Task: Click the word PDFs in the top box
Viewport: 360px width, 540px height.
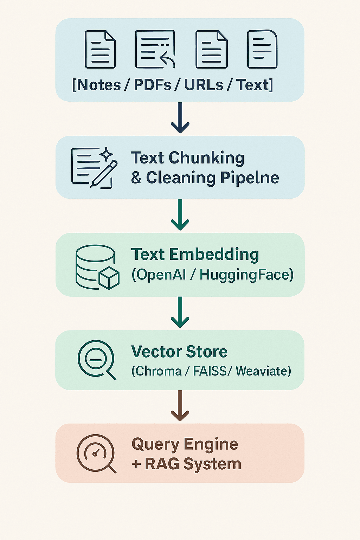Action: tap(153, 85)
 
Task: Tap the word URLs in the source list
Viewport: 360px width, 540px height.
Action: tap(204, 85)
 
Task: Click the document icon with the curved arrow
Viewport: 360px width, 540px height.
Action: tap(155, 49)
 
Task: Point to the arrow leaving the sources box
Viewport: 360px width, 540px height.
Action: tap(180, 118)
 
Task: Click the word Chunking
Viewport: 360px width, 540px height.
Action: tap(206, 158)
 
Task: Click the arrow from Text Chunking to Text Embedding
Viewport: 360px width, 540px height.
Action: tap(180, 215)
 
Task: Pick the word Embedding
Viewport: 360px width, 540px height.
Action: tap(214, 255)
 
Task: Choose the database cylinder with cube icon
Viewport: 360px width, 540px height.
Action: tap(97, 267)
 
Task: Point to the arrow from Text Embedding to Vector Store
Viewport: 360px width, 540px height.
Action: tap(180, 312)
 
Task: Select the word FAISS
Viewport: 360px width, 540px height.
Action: tap(210, 371)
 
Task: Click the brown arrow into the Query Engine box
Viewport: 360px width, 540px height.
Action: tap(180, 406)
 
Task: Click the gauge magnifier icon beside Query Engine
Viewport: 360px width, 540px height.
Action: tap(96, 454)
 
